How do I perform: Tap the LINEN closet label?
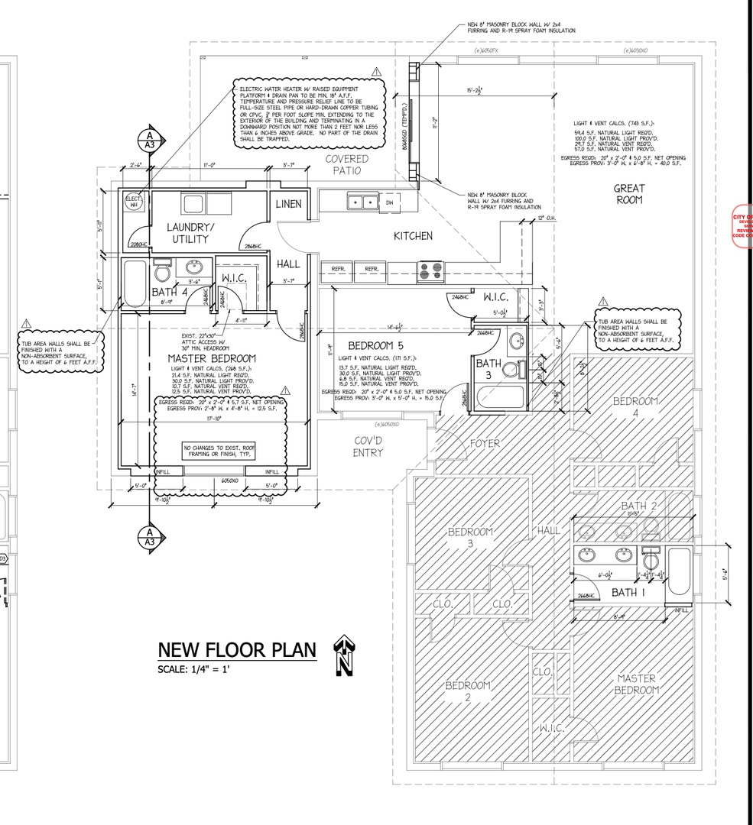tap(289, 204)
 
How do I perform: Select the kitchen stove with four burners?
tap(430, 269)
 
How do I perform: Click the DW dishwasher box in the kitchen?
tap(389, 202)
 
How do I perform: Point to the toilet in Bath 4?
tap(161, 273)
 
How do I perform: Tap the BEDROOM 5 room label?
tap(369, 345)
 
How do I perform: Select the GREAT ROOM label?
tap(629, 194)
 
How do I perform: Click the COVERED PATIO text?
tap(346, 164)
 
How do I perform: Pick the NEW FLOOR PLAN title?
tap(236, 649)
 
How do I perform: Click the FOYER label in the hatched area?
tap(485, 443)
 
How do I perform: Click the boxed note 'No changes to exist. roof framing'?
tap(218, 450)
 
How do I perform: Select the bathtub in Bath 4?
tap(135, 284)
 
